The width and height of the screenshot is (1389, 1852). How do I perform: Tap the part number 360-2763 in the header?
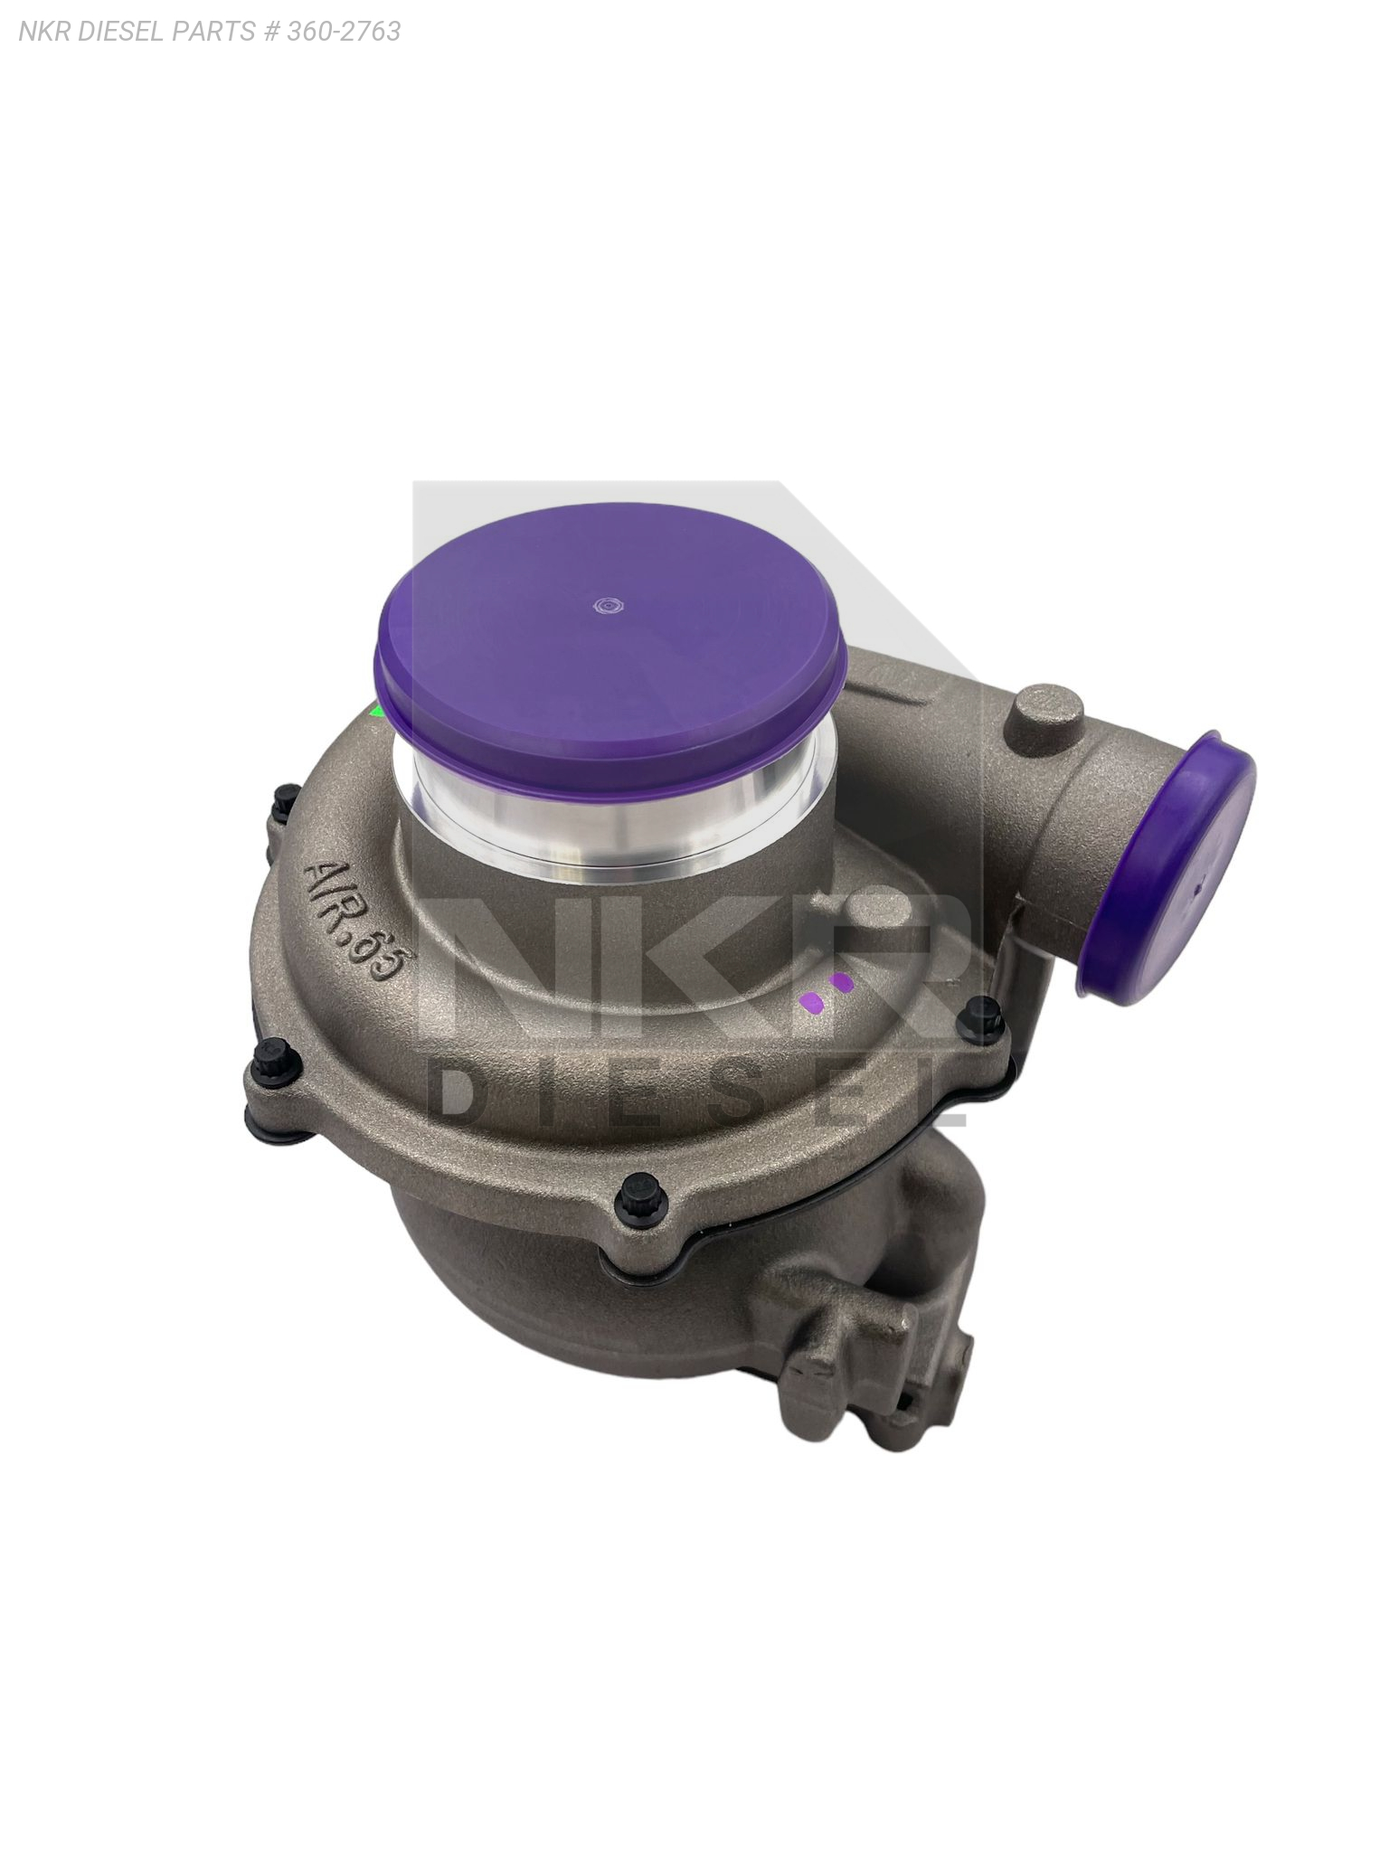pyautogui.click(x=344, y=32)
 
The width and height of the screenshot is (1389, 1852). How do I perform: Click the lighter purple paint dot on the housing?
pyautogui.click(x=811, y=1002)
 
